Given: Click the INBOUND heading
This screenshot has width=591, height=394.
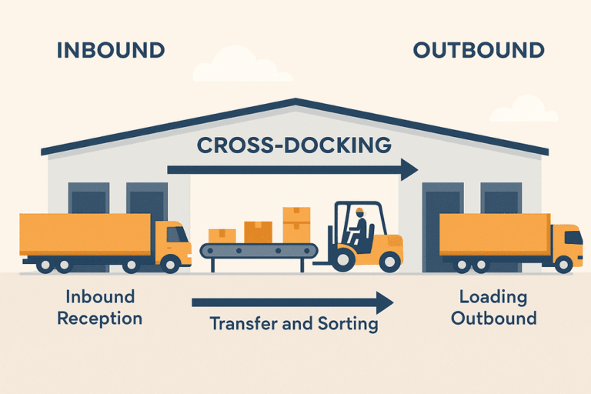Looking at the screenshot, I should [x=111, y=51].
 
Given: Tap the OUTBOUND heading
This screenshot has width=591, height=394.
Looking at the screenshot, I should [x=479, y=51].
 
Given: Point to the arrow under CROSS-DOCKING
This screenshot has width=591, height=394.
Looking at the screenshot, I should [x=292, y=169].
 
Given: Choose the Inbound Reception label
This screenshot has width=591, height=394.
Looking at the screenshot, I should [x=100, y=307].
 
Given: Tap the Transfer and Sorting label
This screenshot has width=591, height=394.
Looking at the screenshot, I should [x=294, y=324].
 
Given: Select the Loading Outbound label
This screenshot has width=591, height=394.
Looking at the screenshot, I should [x=493, y=307].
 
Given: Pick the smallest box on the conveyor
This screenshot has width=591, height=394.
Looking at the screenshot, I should [x=222, y=235].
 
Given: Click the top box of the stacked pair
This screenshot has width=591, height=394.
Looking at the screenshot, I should [x=296, y=215].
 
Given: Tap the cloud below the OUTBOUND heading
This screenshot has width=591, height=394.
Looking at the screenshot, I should [x=524, y=109].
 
